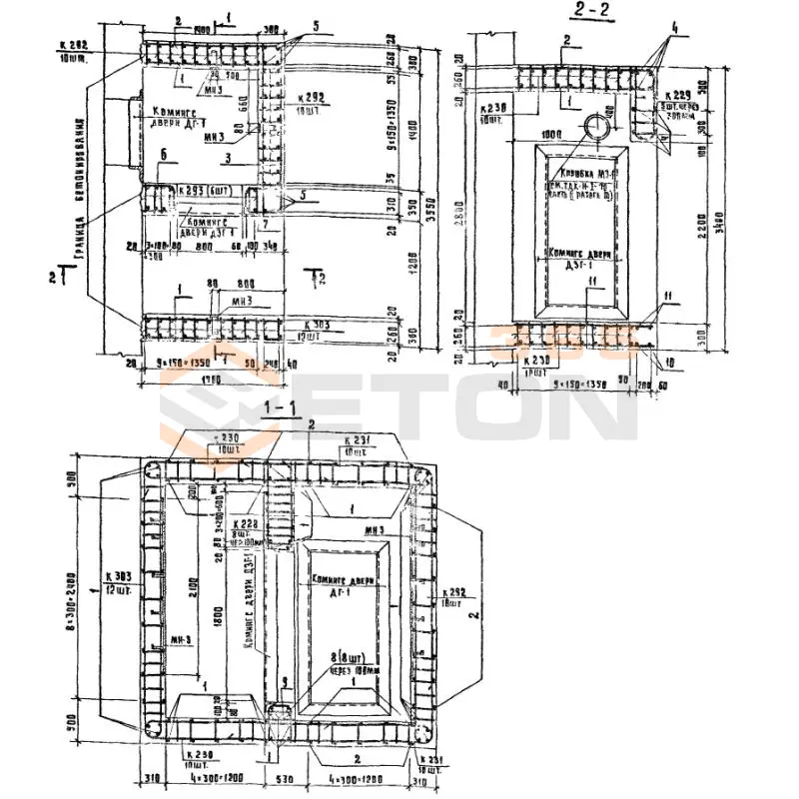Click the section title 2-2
click(590, 11)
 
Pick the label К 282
click(74, 45)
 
